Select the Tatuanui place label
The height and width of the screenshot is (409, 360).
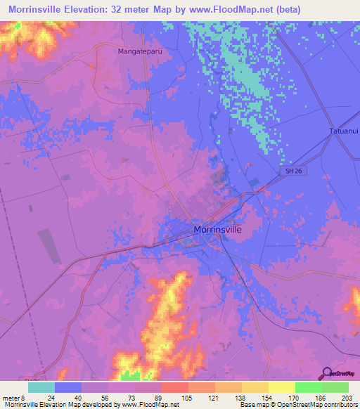[343, 131]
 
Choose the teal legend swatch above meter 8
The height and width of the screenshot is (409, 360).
[41, 387]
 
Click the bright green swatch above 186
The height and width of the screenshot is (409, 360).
[309, 387]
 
